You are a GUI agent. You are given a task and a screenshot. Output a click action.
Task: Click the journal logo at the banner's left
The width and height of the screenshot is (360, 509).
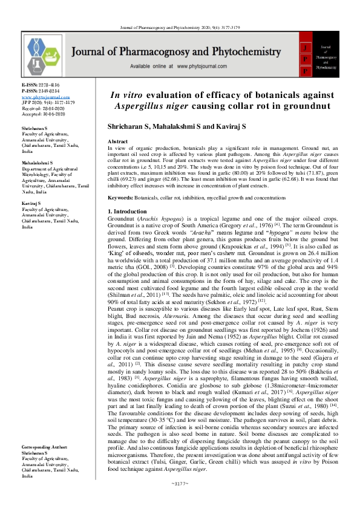(x=46, y=53)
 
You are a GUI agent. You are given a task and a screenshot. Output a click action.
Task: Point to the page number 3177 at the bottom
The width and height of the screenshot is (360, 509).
(x=180, y=499)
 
